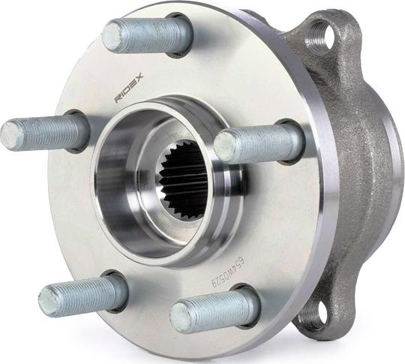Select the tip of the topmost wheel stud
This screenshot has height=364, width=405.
point(113,34)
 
